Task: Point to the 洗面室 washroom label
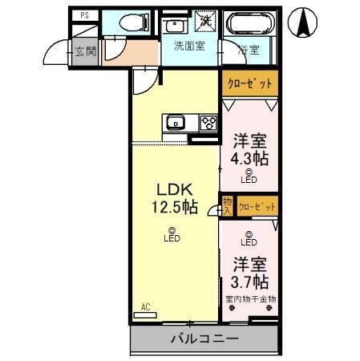coord(188,46)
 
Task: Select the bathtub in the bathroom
coord(249,25)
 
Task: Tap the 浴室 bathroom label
coord(249,50)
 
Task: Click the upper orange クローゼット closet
coord(249,83)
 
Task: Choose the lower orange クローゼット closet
coord(257,206)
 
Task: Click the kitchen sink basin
coord(176,123)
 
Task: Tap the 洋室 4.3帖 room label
coord(249,149)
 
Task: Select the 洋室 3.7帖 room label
coord(249,273)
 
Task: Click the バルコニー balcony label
coord(204,339)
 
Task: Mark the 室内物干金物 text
coord(249,299)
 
